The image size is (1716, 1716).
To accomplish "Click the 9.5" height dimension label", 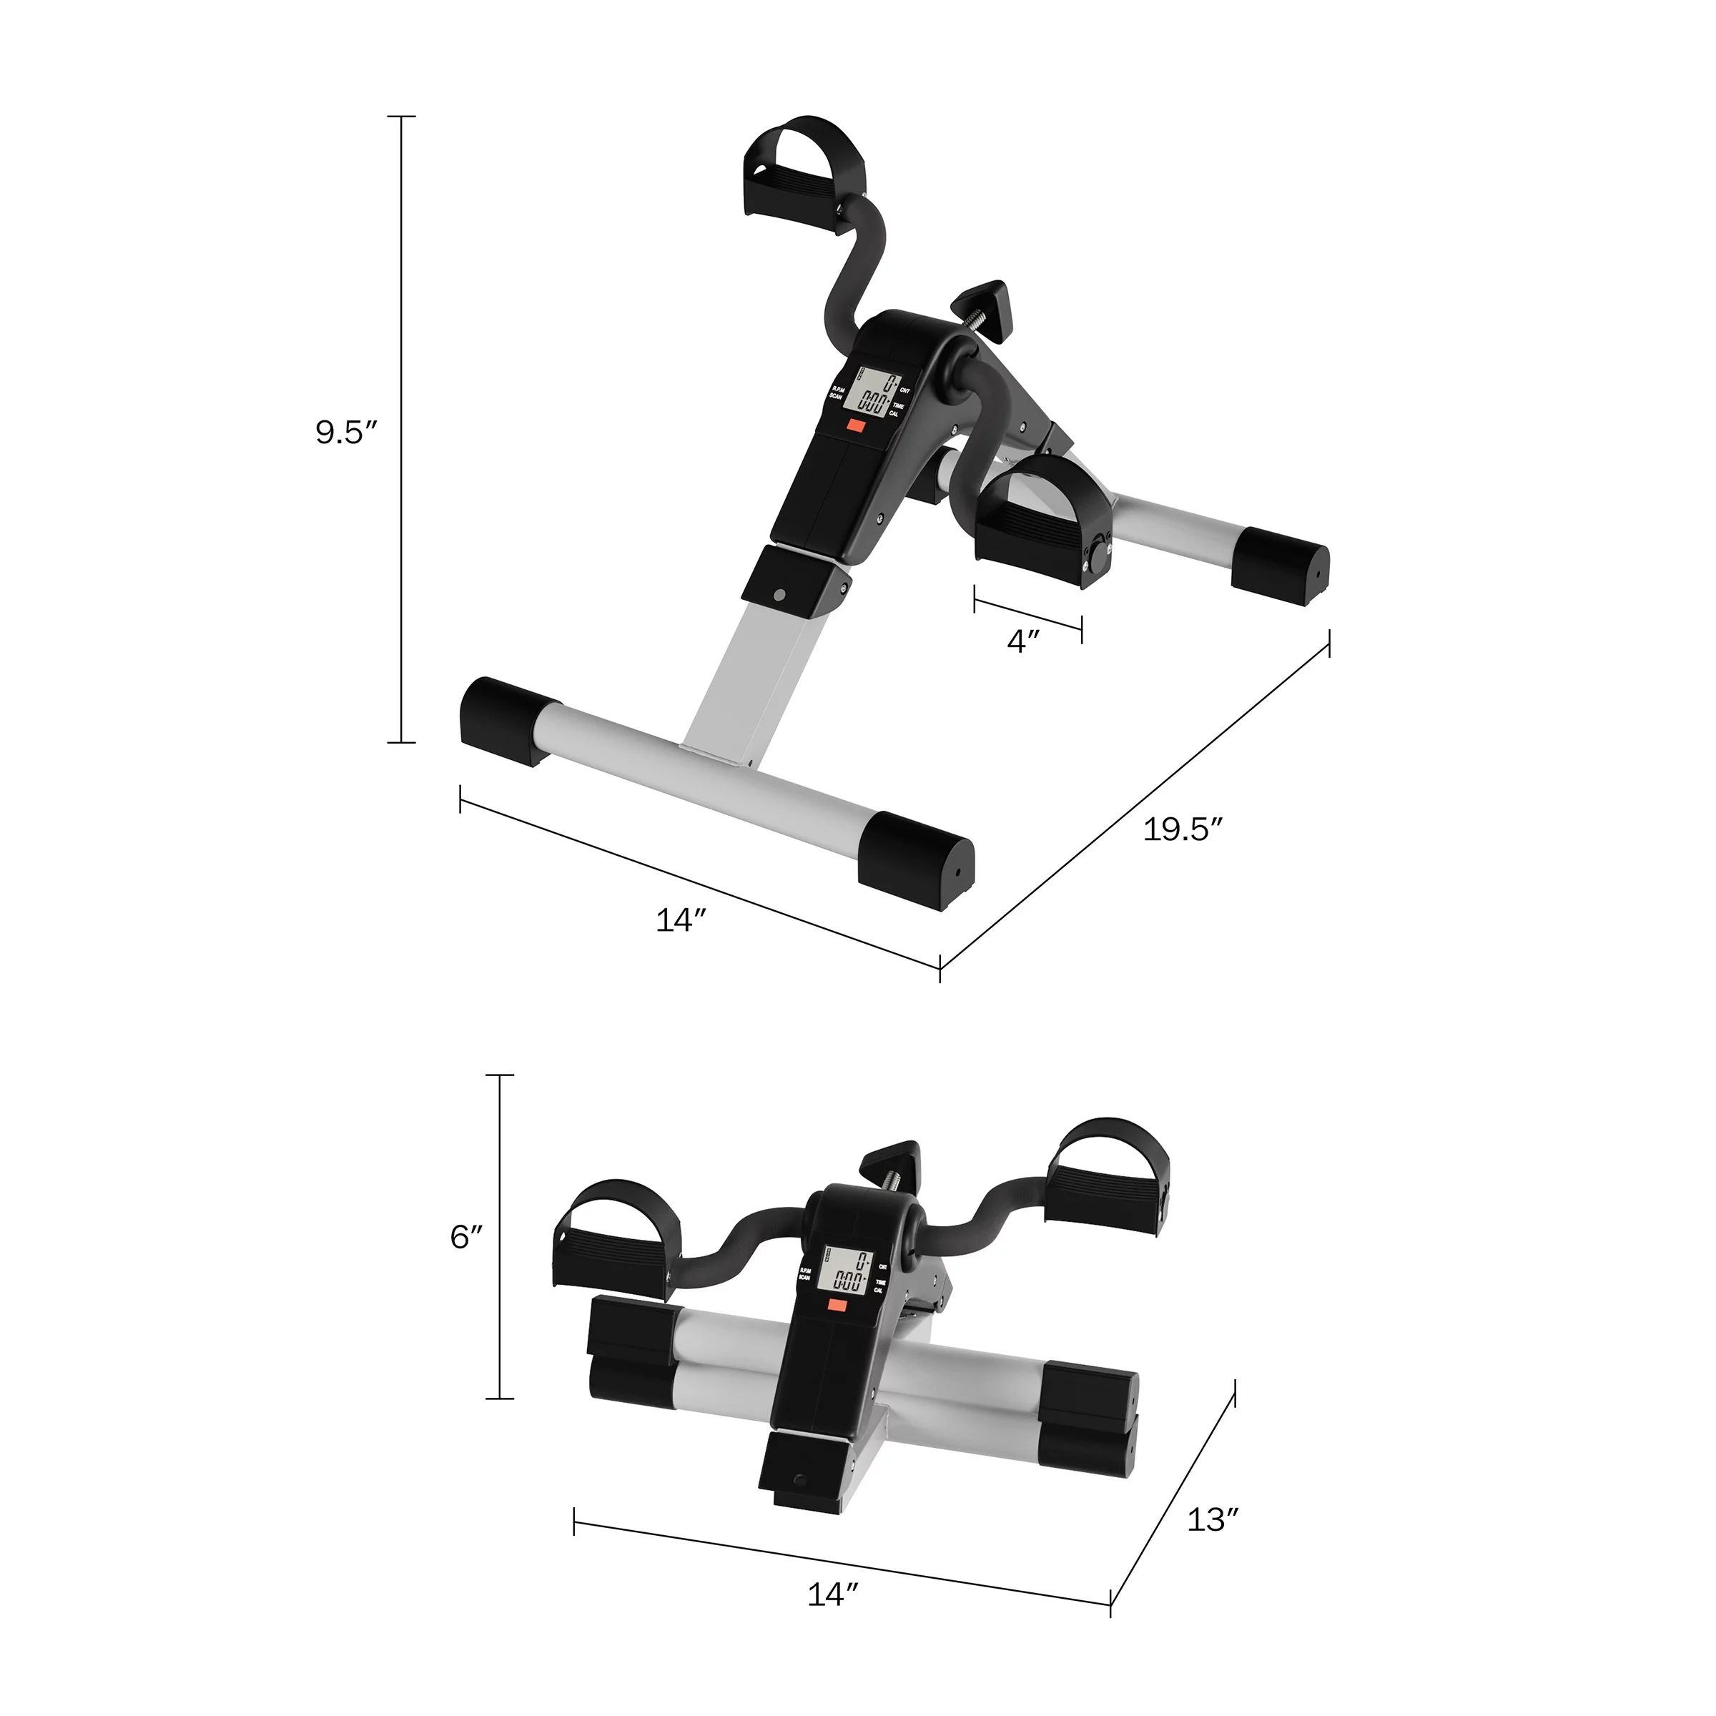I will click(346, 433).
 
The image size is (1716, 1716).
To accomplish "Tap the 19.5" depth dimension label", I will click(1182, 829).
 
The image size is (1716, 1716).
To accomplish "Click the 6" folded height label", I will click(466, 1237).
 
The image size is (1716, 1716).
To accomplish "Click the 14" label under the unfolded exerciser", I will click(681, 921).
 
